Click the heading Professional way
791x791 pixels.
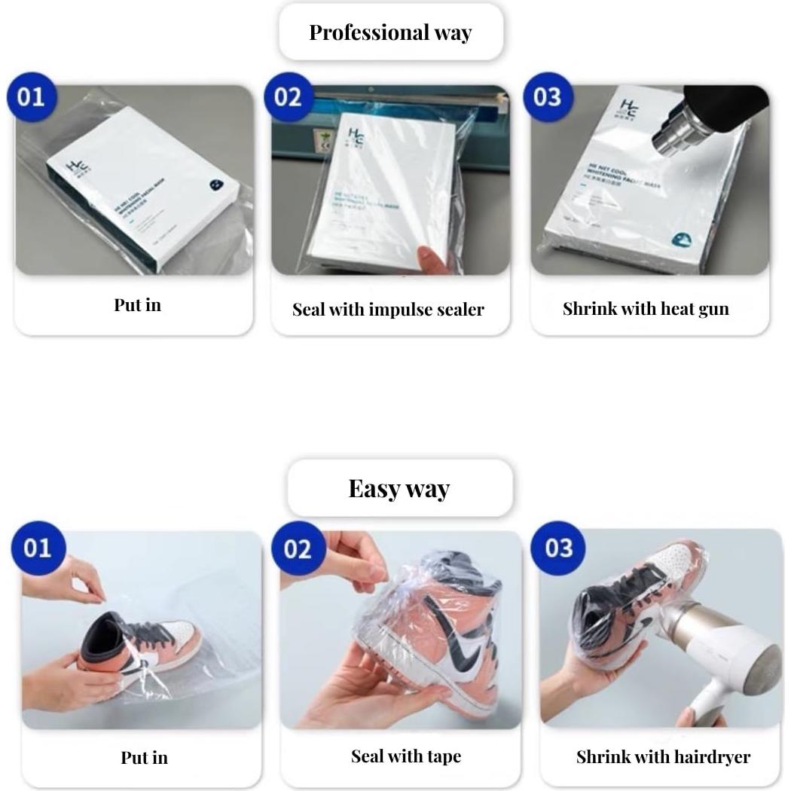click(x=390, y=32)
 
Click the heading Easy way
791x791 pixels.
click(x=399, y=488)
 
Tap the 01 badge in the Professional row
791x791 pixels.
click(x=32, y=97)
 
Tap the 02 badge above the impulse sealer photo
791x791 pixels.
click(x=289, y=97)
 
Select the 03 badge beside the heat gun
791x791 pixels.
click(x=548, y=97)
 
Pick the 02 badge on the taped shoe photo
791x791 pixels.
click(x=297, y=548)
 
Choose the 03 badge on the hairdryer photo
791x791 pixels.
click(x=558, y=548)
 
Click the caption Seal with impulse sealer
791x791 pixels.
click(x=388, y=310)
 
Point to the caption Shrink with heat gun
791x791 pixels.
click(x=646, y=308)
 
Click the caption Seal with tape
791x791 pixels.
click(x=405, y=756)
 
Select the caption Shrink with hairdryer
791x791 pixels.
click(x=663, y=756)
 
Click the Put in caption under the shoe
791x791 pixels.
click(x=144, y=757)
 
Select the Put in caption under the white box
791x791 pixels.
click(x=137, y=305)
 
